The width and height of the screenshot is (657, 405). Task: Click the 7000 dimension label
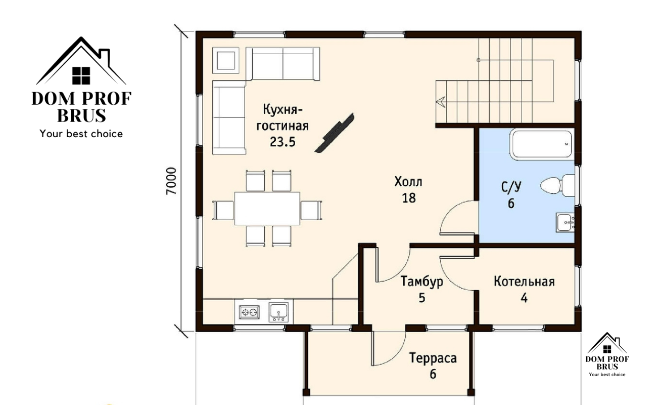coord(171,181)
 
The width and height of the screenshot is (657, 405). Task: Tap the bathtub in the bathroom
coord(541,145)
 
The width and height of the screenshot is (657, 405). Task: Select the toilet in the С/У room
coord(557,185)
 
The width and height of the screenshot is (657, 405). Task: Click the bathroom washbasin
coord(565,222)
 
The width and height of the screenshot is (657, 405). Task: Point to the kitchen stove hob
coord(249,312)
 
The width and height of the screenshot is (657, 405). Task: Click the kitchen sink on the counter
coord(278,312)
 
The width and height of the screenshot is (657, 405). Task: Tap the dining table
coord(267,209)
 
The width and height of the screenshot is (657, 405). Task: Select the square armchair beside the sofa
coord(225,60)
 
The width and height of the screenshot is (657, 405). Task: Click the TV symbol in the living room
coord(335,133)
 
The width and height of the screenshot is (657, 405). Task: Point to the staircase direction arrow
coord(441,102)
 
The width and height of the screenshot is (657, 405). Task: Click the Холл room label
coord(408,182)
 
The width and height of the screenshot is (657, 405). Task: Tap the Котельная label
coord(524,281)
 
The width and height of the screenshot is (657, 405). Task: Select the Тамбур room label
coord(422,281)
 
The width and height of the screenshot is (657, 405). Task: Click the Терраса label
coord(433,358)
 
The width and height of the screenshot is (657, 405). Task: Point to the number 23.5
coord(283,142)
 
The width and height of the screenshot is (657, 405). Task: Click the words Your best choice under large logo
coord(81,134)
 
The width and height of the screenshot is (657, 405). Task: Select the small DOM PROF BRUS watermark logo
coord(607,355)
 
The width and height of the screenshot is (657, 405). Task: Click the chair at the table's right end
coord(311,211)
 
